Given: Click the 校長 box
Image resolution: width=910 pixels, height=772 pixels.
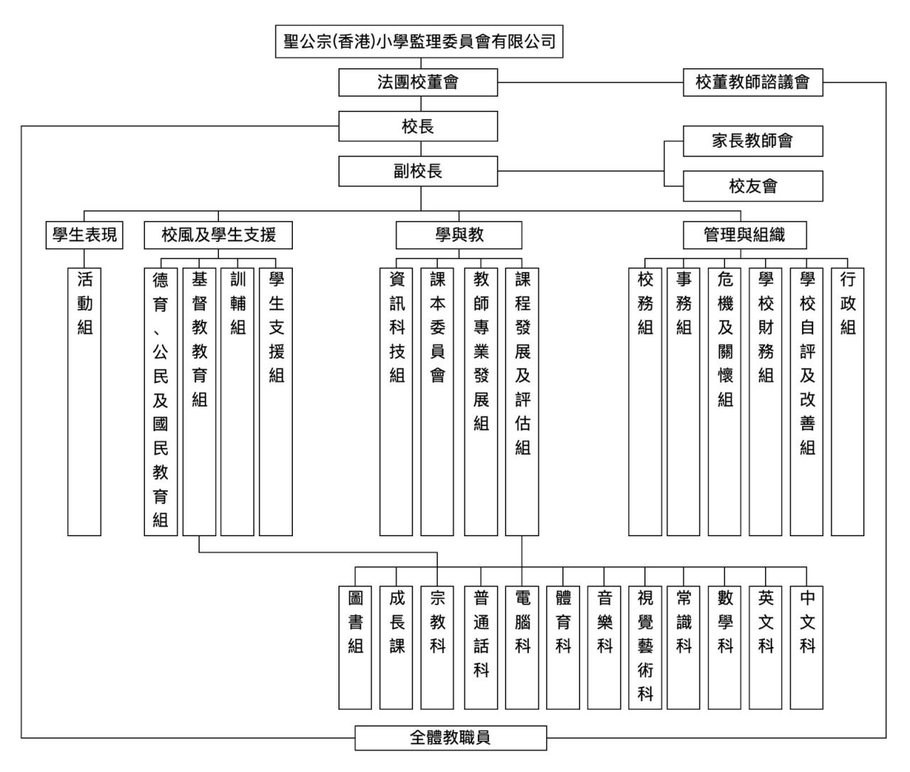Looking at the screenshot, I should coord(418,126).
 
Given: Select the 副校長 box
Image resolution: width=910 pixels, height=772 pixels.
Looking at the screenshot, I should coord(418,171).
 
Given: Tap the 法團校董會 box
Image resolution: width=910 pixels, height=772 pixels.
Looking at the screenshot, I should coord(418,82).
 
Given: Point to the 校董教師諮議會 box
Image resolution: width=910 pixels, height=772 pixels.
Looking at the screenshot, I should coord(752,82).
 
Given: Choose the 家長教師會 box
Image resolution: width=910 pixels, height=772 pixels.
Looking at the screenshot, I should coord(752,141).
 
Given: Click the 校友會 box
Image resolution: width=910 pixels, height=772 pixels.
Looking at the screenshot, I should coord(752,186).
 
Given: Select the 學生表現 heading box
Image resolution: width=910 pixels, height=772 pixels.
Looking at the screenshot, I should coord(85,235).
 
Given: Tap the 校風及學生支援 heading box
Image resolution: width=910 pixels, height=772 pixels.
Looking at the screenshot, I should coord(218,235).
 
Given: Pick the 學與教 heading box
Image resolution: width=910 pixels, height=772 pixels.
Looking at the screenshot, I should coord(459,235).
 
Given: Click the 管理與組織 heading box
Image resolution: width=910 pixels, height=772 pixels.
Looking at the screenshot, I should coord(744,235).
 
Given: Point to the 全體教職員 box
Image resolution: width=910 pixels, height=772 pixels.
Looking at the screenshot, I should coord(451,738).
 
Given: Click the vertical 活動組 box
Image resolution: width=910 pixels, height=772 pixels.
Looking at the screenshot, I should coord(85,401).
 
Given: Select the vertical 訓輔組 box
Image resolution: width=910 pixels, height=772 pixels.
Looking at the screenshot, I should coord(237,401).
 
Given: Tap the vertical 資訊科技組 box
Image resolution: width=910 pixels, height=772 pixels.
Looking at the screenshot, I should coord(396,401).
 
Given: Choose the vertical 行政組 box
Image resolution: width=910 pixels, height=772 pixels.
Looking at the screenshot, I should coord(847,401).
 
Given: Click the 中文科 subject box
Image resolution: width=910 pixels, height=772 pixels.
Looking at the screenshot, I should coord(807,647).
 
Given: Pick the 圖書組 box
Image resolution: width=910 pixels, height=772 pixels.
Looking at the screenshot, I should coord(355,647).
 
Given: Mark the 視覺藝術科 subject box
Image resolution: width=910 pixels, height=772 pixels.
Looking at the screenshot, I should coord(645,647).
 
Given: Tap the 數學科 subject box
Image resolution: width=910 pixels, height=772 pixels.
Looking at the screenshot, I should coord(724,647).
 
